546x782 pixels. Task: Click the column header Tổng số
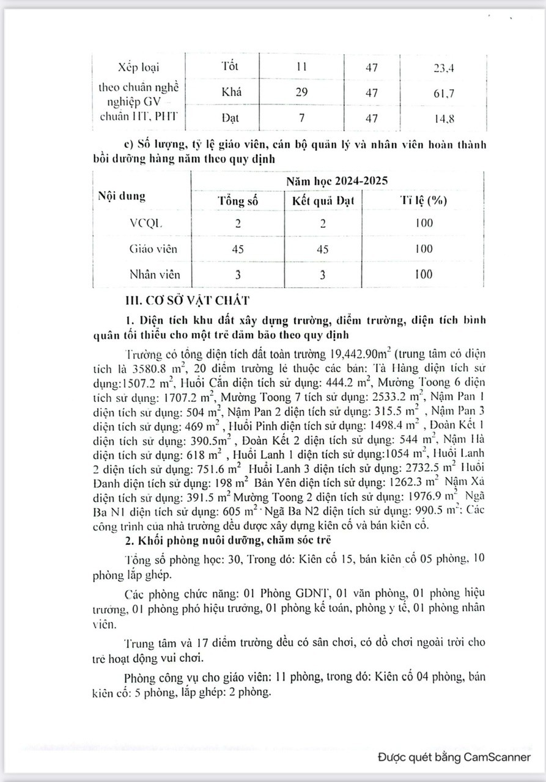pos(238,202)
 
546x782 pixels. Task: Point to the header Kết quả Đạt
pos(323,202)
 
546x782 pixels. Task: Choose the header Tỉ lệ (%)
pos(422,202)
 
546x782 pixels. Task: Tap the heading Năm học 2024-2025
pos(337,181)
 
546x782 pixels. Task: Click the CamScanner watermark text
pos(454,756)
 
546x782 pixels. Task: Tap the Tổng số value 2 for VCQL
pos(238,222)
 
